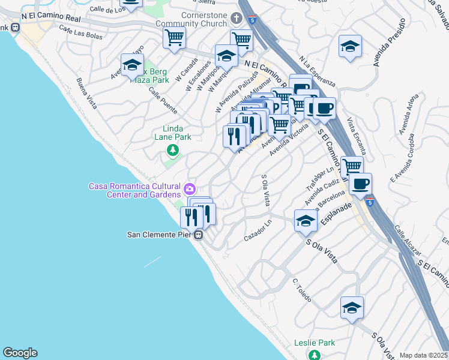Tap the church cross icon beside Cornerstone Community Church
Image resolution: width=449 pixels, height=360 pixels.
[x=237, y=19]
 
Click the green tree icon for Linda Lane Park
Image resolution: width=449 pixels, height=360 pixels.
[x=173, y=149]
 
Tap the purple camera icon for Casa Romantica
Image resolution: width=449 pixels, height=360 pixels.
[x=190, y=189]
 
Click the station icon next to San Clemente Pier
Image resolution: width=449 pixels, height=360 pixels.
[x=198, y=235]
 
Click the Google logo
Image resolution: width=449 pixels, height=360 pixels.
[x=20, y=353]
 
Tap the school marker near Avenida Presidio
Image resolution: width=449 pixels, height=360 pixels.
[x=350, y=46]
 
